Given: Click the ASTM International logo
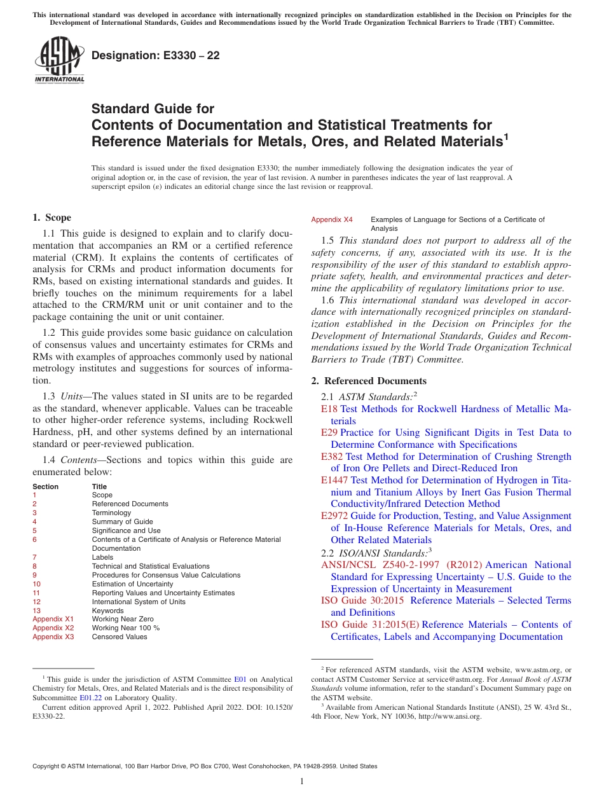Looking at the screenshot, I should (58, 60).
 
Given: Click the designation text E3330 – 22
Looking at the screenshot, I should (156, 56).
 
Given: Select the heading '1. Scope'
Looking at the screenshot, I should (52, 218).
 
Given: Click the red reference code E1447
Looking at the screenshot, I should (334, 480).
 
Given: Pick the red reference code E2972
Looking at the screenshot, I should (334, 516).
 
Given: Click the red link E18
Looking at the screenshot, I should (329, 409).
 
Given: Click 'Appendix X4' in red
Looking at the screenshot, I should (332, 219).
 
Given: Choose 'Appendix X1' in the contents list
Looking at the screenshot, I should (53, 619).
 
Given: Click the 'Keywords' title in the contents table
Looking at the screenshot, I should (107, 611).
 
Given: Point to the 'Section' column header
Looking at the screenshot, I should (45, 487).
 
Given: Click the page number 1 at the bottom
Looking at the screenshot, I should (302, 782).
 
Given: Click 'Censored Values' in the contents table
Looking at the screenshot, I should (120, 637).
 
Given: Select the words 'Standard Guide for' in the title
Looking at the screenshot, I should (153, 109).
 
